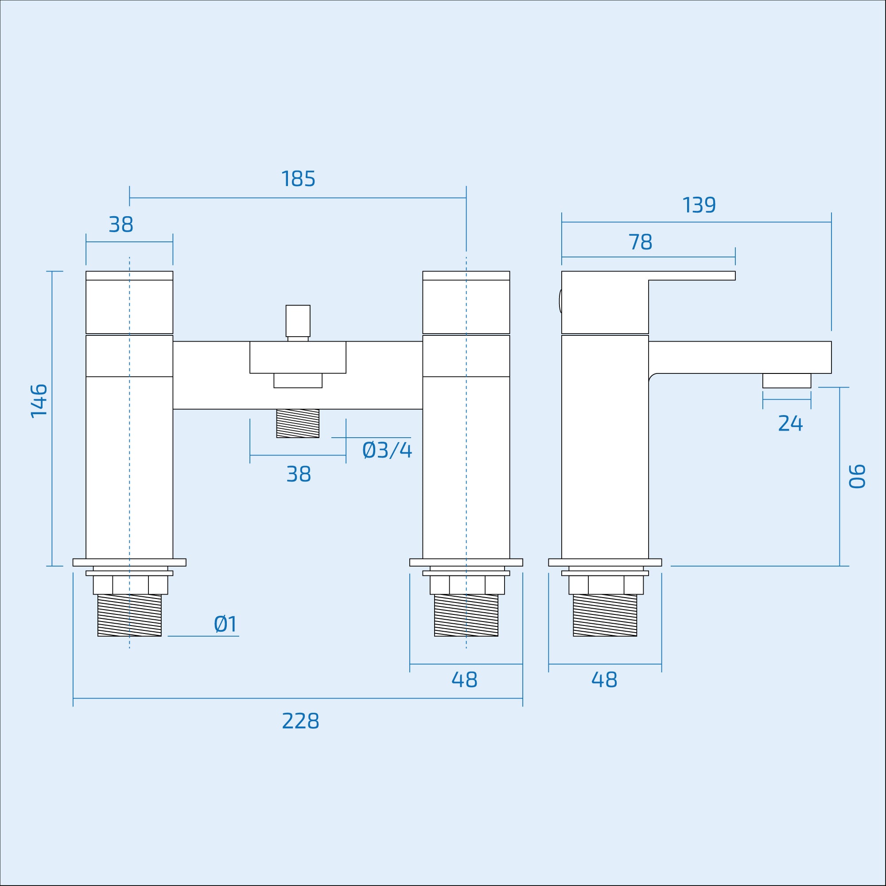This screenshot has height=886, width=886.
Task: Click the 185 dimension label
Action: pyautogui.click(x=298, y=179)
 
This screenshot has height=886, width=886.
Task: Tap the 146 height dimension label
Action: pyautogui.click(x=39, y=401)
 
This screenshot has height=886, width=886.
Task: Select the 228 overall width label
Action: pyautogui.click(x=300, y=721)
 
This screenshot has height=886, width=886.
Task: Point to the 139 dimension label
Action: pyautogui.click(x=699, y=206)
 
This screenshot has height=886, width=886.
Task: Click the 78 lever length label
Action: pyautogui.click(x=640, y=242)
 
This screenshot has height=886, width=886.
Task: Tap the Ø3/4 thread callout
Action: pyautogui.click(x=387, y=451)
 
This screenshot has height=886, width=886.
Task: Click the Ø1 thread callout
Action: pyautogui.click(x=225, y=624)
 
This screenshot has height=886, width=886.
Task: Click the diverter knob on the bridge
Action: pyautogui.click(x=298, y=321)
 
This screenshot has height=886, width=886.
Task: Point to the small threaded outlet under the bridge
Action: pyautogui.click(x=298, y=423)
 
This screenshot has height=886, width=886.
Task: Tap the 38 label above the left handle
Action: pyautogui.click(x=121, y=225)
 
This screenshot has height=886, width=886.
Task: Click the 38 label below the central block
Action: pyautogui.click(x=299, y=474)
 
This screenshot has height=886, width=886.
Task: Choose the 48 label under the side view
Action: pyautogui.click(x=604, y=680)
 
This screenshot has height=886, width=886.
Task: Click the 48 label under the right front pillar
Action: pyautogui.click(x=464, y=680)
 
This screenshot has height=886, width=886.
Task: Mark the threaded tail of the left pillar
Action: pyautogui.click(x=129, y=615)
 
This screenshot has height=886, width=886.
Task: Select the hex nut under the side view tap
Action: pyautogui.click(x=606, y=585)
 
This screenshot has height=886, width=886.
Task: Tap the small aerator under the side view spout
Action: pyautogui.click(x=786, y=381)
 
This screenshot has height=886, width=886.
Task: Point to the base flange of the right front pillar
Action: pyautogui.click(x=466, y=562)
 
